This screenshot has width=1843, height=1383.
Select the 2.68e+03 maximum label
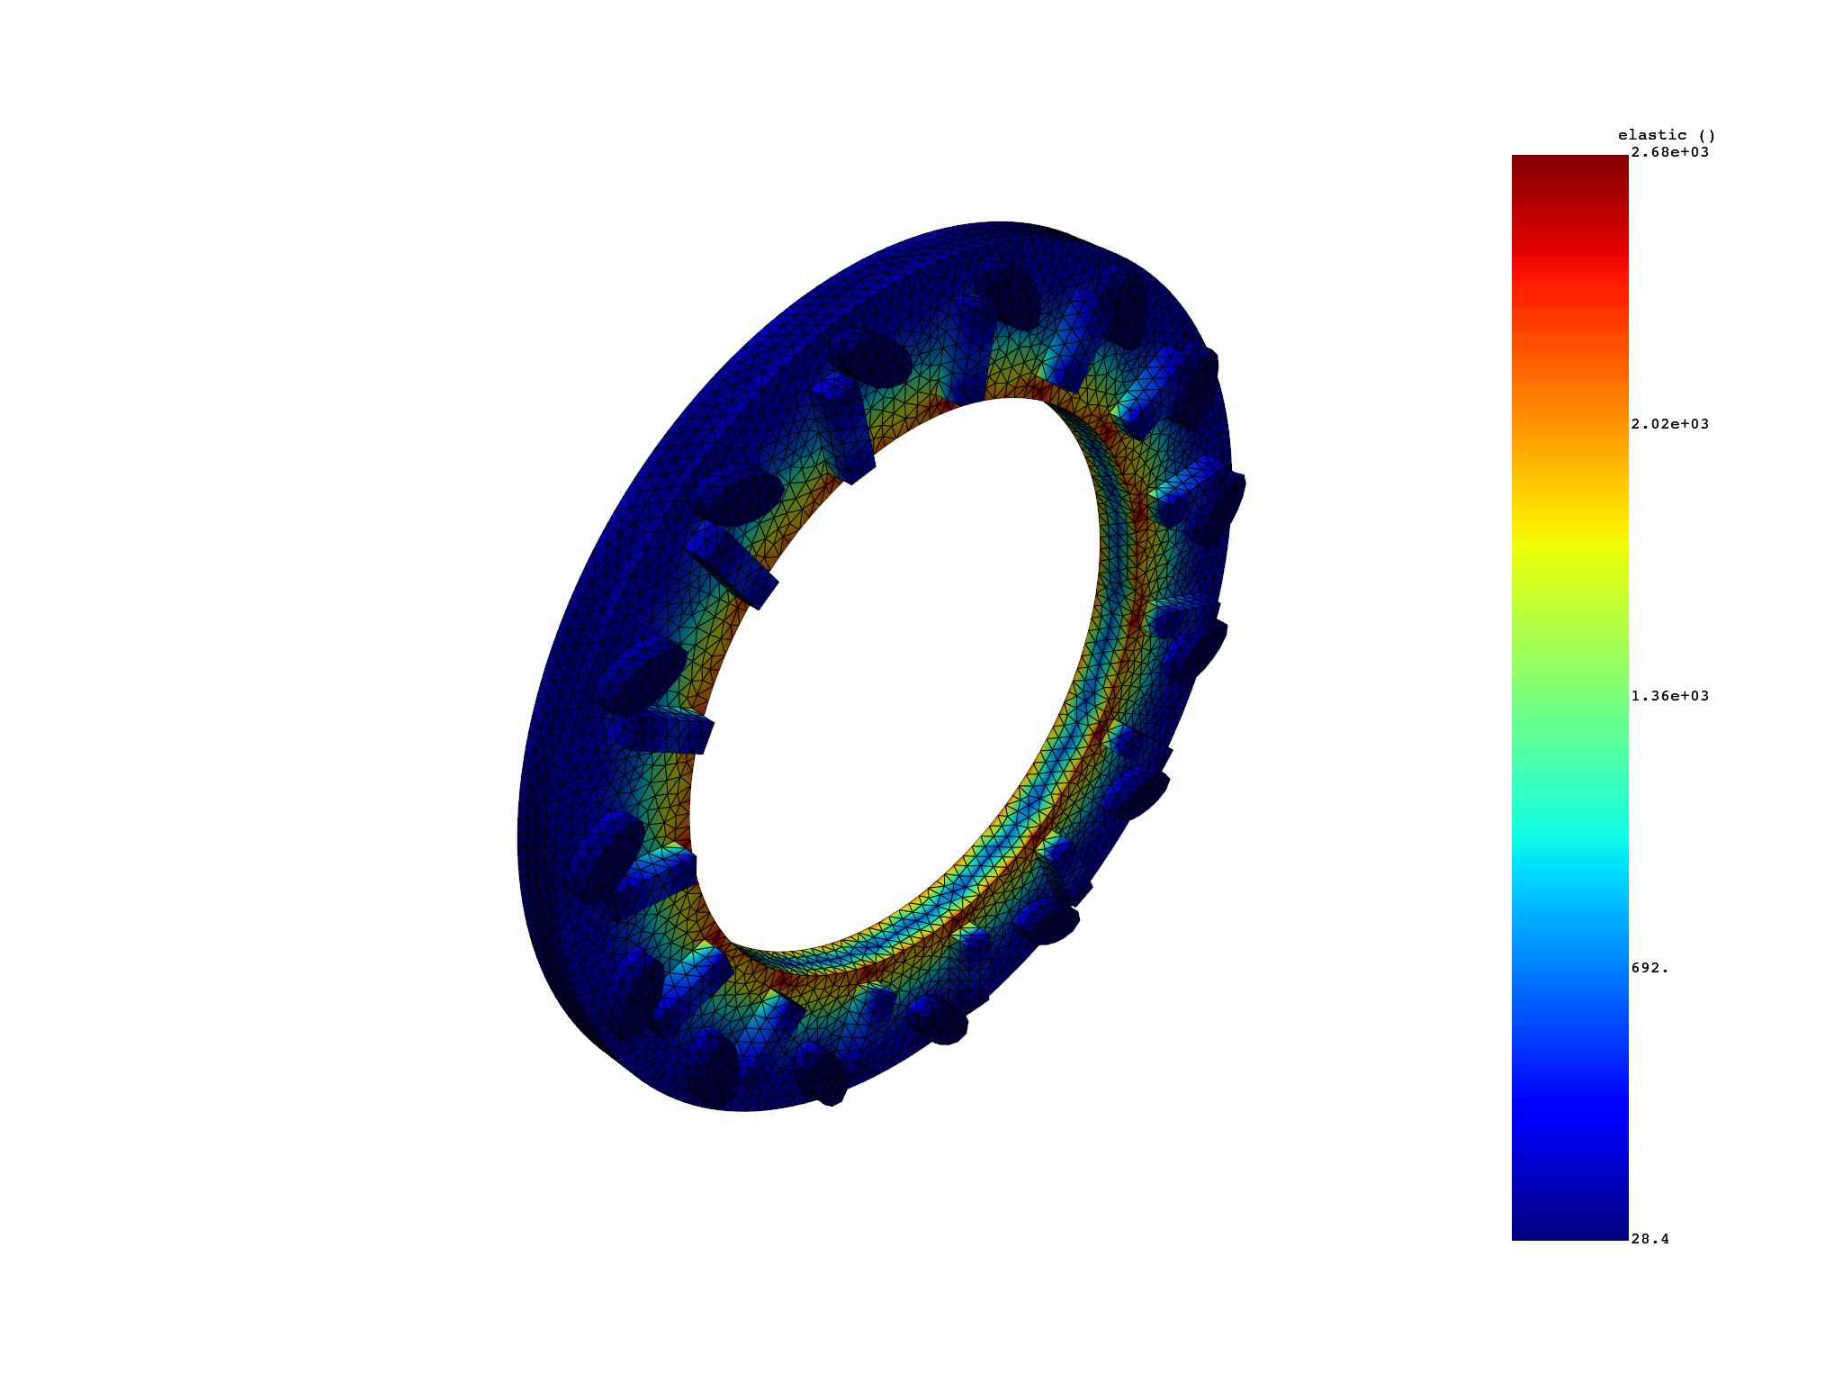tap(1669, 152)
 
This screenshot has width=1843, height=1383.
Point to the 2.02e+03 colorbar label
tap(1669, 424)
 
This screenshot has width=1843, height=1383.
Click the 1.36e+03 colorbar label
tap(1669, 696)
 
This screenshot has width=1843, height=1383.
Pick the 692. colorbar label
tap(1650, 968)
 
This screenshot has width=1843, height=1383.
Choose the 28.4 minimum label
tap(1650, 1239)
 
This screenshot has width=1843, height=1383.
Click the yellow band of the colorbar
tap(1569, 540)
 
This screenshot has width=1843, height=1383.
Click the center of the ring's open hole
tap(900, 675)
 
